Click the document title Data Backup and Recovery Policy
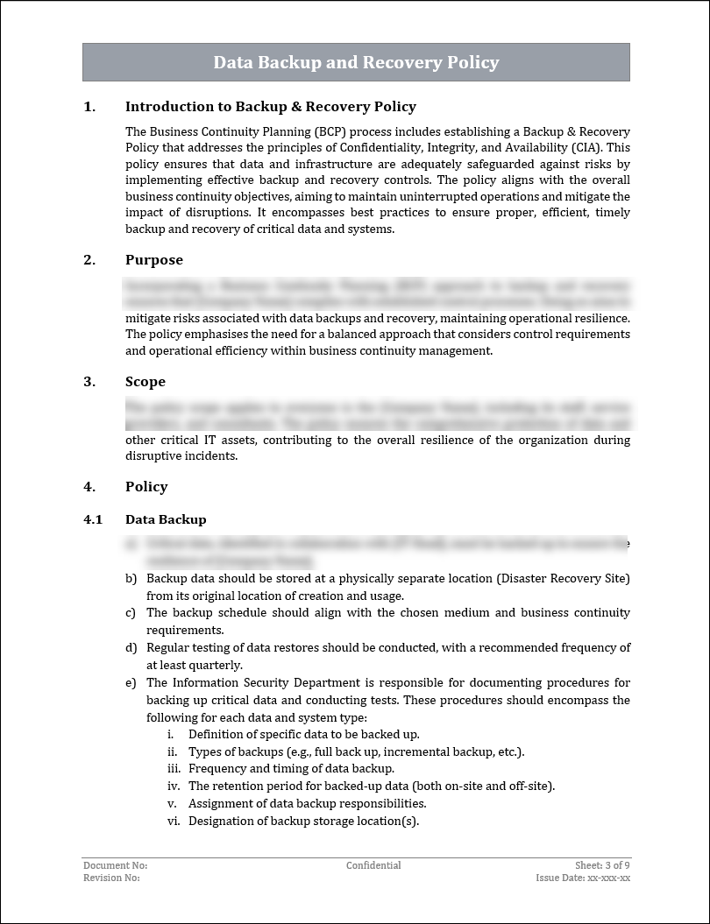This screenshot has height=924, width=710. coord(356,63)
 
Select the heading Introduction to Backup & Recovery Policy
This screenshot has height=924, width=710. coord(270,107)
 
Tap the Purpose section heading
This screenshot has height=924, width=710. coord(153,260)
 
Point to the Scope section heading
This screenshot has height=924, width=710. coord(145,382)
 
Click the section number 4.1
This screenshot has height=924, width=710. coord(93,519)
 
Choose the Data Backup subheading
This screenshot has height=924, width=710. coord(166,519)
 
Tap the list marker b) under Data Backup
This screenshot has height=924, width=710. coord(131,579)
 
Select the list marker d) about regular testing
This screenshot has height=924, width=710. coord(131,648)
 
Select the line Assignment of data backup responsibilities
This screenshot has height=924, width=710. coord(307,803)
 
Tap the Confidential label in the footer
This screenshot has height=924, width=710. coord(373,865)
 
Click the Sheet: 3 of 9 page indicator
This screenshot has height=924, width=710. coord(602,865)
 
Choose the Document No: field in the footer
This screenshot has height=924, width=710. coord(115,865)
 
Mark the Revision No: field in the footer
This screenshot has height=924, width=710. coord(111,878)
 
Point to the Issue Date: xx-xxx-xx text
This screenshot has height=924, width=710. coord(583,878)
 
